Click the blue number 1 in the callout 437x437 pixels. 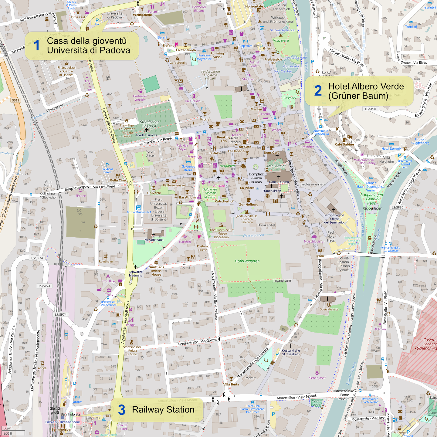36,46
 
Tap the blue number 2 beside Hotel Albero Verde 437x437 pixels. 318,91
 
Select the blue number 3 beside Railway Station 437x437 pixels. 121,410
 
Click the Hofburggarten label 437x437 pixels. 247,261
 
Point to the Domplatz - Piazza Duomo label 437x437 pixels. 256,178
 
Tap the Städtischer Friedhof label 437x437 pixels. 149,124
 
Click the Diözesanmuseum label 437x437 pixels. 221,230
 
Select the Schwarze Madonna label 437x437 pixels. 135,274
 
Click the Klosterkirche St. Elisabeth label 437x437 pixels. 291,352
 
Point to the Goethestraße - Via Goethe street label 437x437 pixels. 198,342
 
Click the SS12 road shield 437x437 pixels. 15,100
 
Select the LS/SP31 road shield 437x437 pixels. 371,109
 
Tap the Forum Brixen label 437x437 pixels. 150,154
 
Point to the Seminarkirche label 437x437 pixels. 334,215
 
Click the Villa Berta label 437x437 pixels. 231,384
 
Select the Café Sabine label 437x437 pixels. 344,144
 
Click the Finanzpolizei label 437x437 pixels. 66,68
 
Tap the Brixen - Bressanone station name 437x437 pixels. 63,422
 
